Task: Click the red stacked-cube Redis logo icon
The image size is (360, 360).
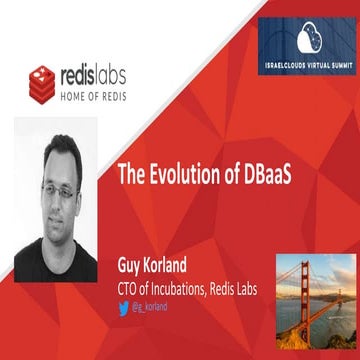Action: pyautogui.click(x=41, y=83)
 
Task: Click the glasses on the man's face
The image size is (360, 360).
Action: pyautogui.click(x=60, y=187)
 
